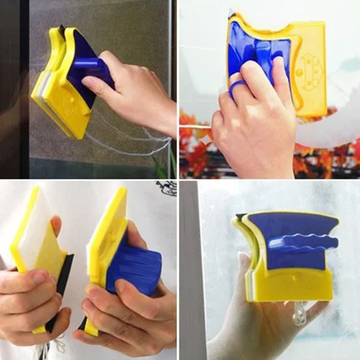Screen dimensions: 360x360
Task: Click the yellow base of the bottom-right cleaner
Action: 288,284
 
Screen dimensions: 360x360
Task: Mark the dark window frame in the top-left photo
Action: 14,86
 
